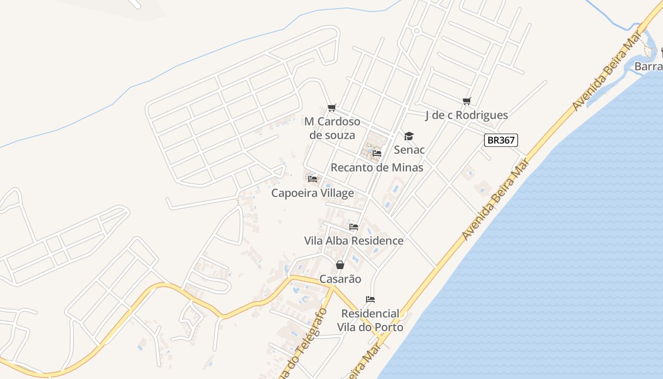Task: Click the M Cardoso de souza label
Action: [332, 128]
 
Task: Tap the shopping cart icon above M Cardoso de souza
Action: [332, 108]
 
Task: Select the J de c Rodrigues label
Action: [466, 115]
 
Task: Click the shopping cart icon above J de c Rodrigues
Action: [467, 101]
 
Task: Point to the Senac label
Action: [409, 150]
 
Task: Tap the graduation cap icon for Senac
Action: [409, 136]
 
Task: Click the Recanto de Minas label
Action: [377, 167]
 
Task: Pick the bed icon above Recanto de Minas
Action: [377, 153]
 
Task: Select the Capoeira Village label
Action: [313, 193]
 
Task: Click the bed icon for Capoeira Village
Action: [313, 179]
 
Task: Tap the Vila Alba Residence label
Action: [354, 241]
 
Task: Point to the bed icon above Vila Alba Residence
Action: [354, 227]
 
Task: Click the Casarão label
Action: [340, 279]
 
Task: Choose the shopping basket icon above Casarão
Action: [340, 265]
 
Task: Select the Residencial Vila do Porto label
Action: [370, 320]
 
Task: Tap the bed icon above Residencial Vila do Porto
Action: [370, 299]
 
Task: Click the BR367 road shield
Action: [501, 140]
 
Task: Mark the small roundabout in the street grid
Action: [417, 31]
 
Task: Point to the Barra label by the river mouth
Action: [648, 66]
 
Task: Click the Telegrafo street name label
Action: [308, 343]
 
